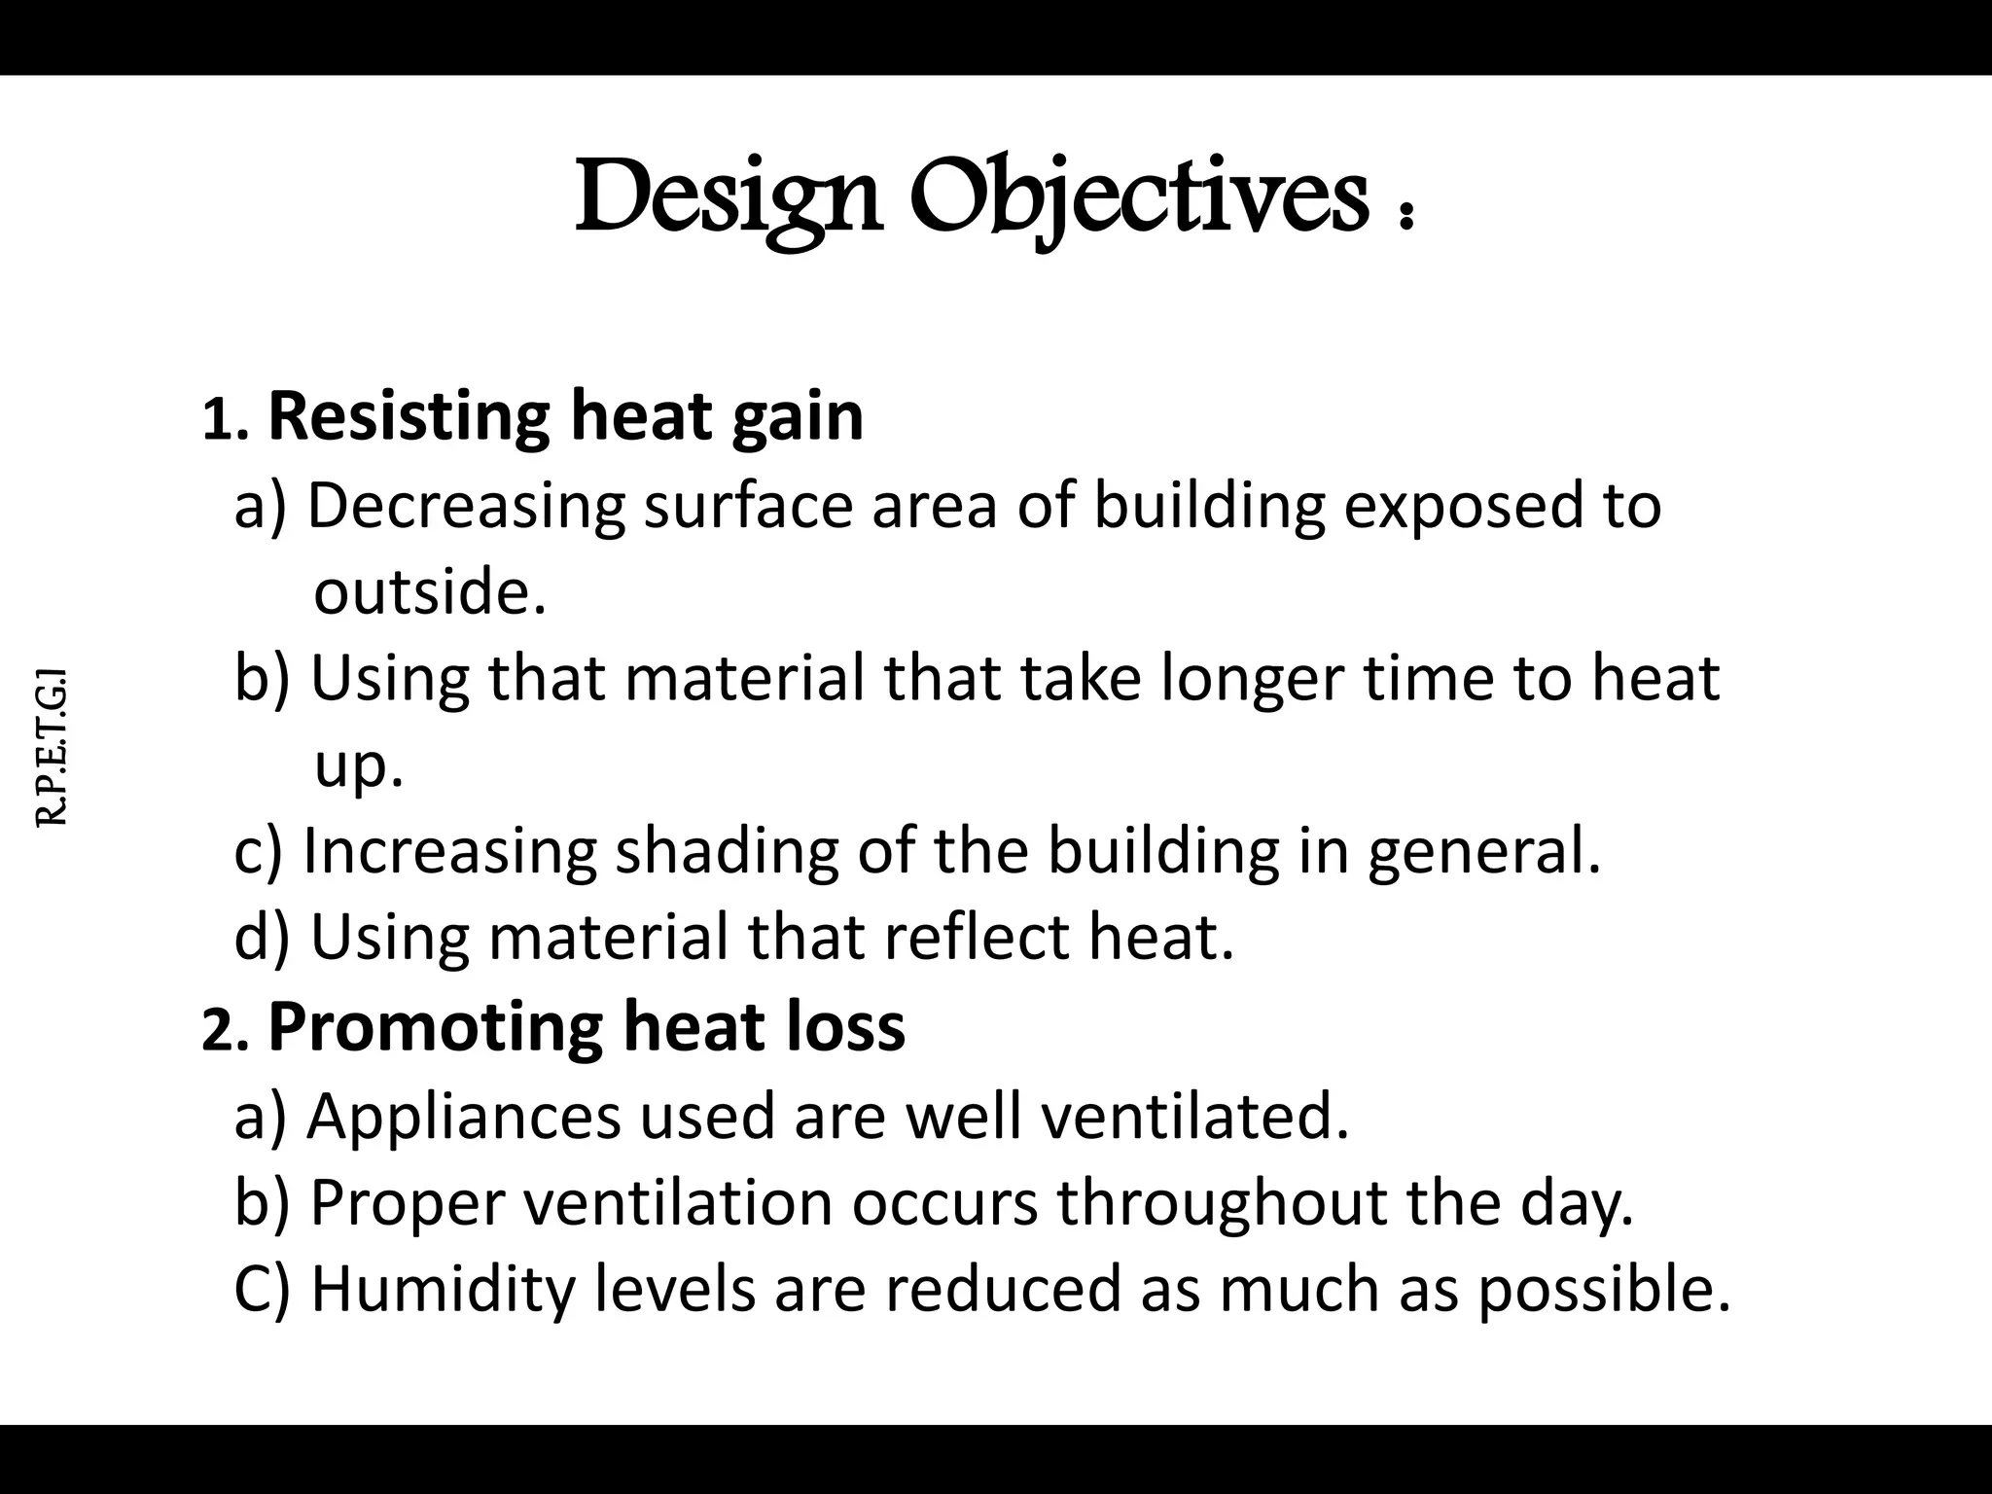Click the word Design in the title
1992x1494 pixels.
coord(728,197)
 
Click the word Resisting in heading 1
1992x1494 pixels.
coord(409,416)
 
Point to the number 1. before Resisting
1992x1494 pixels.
coord(225,421)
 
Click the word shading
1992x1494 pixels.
coord(726,851)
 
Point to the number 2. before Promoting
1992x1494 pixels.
coord(225,1031)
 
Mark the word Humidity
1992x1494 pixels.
coord(442,1289)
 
